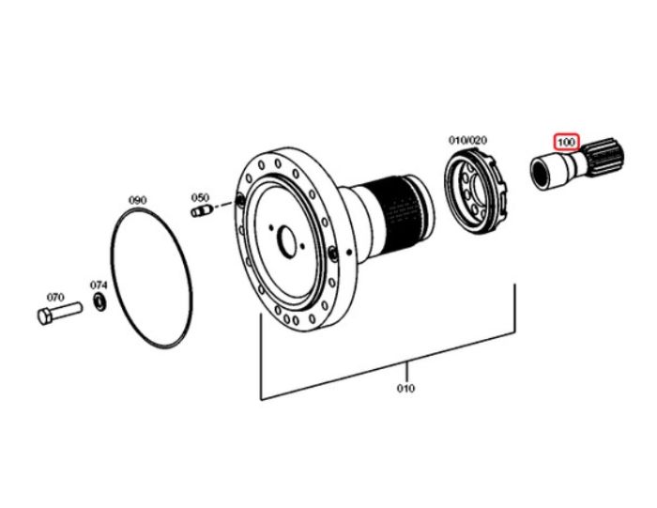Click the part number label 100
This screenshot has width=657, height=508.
tap(566, 142)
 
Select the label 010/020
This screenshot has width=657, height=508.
tap(467, 140)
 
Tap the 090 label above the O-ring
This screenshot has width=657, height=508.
tap(137, 200)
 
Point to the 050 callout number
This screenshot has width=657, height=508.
tap(200, 197)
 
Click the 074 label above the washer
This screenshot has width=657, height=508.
tap(99, 285)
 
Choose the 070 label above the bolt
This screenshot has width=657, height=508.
tap(55, 297)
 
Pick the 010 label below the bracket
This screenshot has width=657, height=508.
tap(405, 388)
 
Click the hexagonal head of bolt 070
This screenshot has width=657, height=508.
tap(45, 316)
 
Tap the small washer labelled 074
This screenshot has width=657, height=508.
tap(99, 302)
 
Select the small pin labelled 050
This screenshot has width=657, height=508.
tap(200, 211)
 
